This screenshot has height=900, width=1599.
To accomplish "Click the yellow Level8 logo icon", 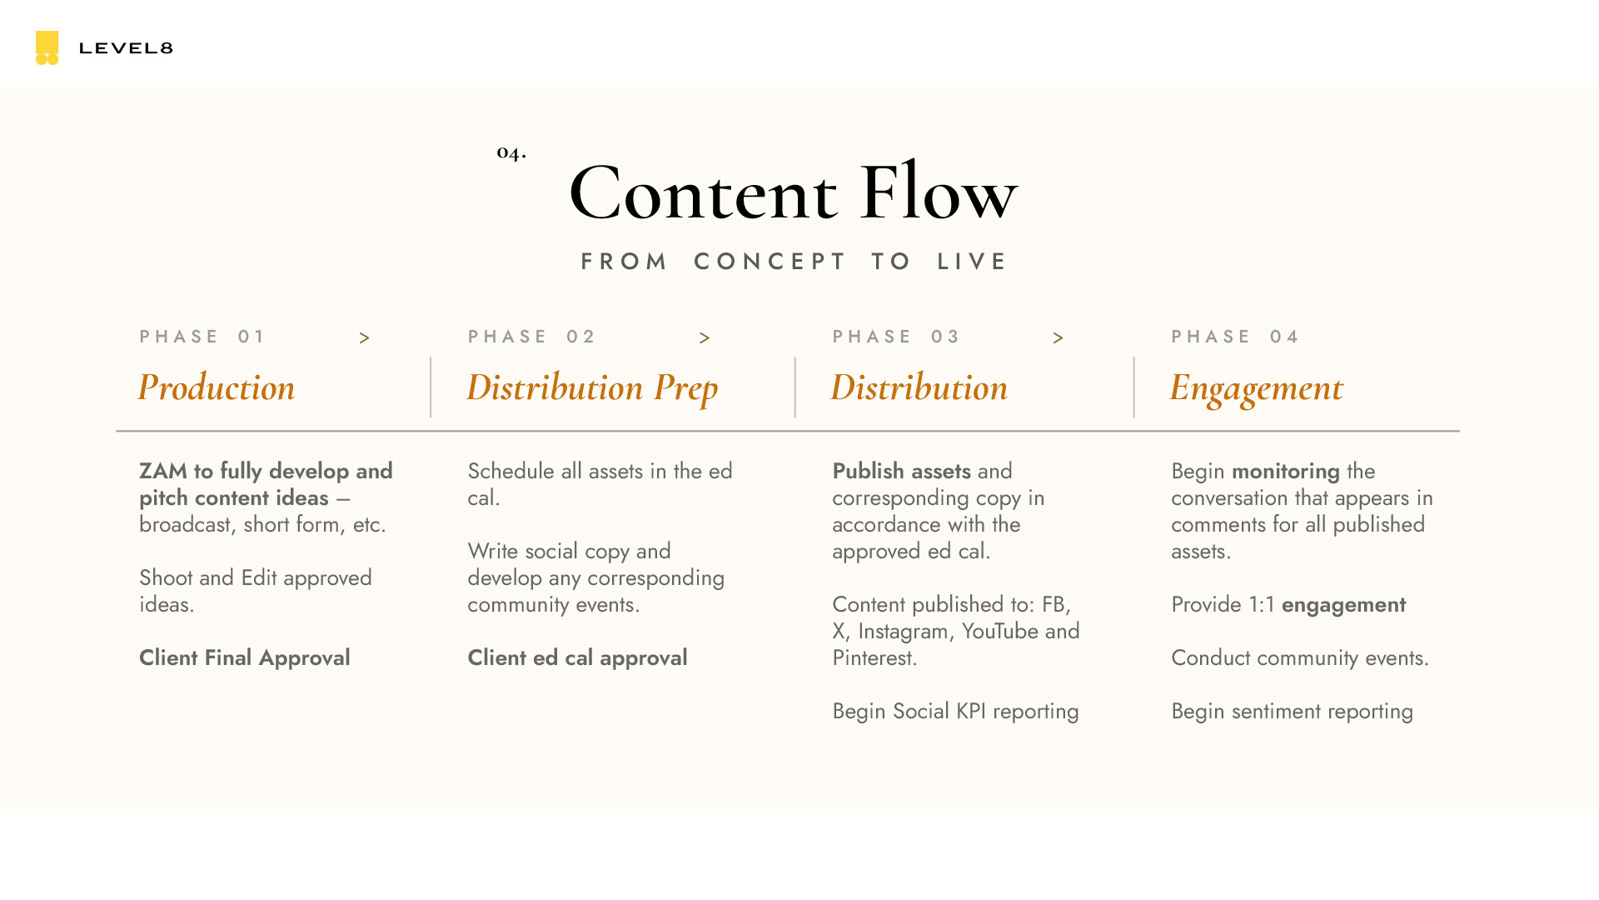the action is (x=47, y=47).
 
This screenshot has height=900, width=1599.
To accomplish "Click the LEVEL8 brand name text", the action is (x=126, y=48).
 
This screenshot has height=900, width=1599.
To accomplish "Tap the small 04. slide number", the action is (x=511, y=152).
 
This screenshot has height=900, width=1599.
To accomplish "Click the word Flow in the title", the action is (x=938, y=193).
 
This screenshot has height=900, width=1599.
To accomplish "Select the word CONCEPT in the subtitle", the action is (x=770, y=262).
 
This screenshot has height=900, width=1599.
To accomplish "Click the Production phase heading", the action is (x=217, y=387).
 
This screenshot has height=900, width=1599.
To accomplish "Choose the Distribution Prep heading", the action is (x=592, y=387).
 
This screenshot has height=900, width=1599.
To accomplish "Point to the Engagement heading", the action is (x=1256, y=387).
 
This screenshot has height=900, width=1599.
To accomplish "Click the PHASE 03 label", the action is (x=896, y=337).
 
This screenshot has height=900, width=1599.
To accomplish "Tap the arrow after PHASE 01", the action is (x=364, y=338).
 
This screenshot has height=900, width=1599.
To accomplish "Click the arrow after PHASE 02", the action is (x=705, y=338).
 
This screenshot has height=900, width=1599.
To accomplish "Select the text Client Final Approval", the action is (x=245, y=657).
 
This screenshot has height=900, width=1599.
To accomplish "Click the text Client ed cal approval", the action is (x=577, y=657).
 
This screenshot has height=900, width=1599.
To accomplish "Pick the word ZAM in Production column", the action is (x=163, y=471).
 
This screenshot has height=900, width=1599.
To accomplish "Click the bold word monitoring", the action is (x=1285, y=471).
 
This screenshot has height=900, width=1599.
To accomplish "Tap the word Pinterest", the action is (x=874, y=657).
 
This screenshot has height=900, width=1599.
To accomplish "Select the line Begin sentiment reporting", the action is (x=1292, y=711).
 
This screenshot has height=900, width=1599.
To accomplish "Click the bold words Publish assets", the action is (x=901, y=471).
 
